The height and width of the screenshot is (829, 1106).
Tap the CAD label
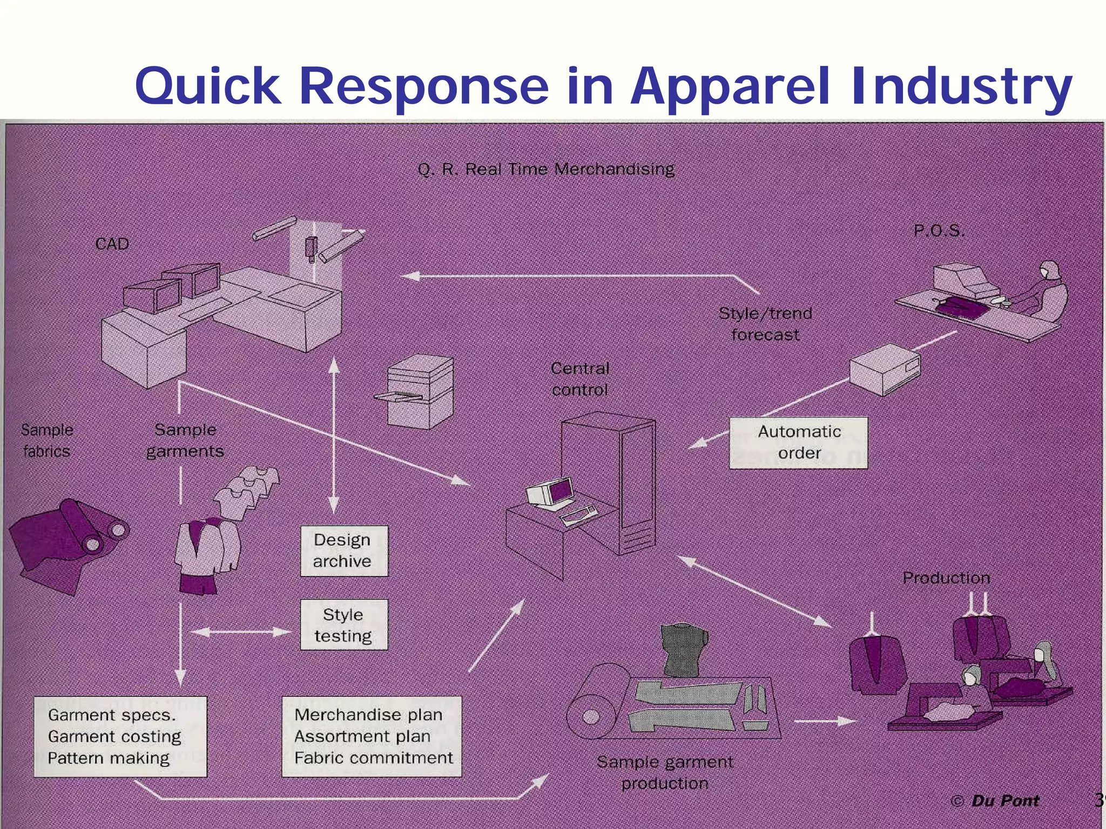[112, 244]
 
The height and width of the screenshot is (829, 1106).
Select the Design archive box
[344, 551]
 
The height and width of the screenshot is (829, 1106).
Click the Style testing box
[344, 625]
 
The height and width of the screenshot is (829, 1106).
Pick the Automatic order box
[798, 443]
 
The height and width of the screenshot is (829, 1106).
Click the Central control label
[580, 379]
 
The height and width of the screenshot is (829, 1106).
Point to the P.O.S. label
[939, 231]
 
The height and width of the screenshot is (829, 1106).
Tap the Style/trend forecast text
[765, 324]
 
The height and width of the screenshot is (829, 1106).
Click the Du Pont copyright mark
[995, 800]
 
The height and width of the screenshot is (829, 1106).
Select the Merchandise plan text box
[372, 736]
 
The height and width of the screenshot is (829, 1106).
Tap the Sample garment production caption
[665, 772]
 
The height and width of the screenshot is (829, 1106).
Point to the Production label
[946, 578]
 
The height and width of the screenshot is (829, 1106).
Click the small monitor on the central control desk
[551, 492]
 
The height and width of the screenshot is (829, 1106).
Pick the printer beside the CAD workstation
[419, 391]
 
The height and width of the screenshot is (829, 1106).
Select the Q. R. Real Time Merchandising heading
[546, 169]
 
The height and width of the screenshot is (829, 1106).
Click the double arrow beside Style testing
[241, 632]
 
